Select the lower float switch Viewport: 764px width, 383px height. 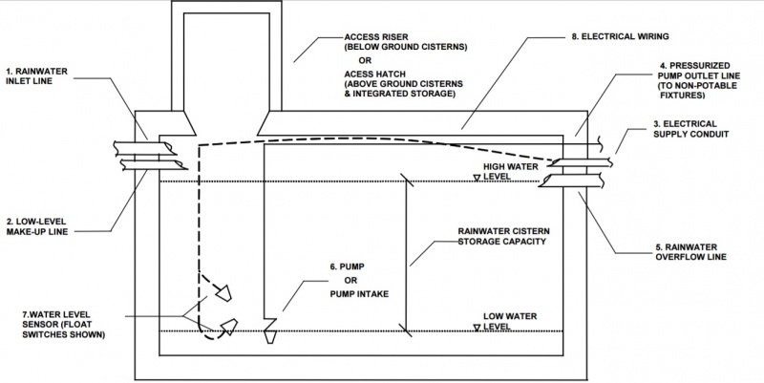[228, 328]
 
